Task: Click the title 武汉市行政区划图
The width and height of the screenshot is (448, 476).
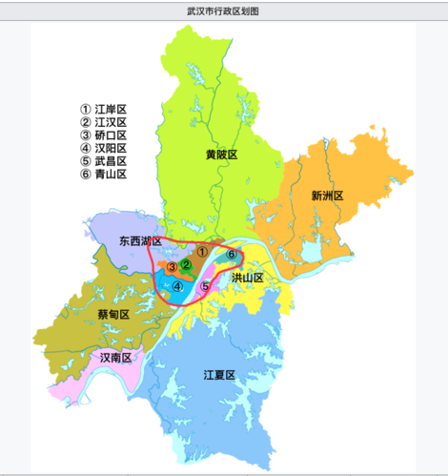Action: [223, 10]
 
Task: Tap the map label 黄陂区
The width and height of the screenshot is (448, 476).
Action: [220, 154]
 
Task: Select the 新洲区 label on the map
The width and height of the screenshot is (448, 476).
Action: [326, 196]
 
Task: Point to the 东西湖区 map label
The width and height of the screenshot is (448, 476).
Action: [139, 242]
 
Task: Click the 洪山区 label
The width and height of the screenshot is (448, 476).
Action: [247, 277]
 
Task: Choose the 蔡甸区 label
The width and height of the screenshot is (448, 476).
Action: [114, 313]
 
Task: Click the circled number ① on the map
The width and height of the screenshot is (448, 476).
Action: [201, 250]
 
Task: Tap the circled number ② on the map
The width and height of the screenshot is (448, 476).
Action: [187, 264]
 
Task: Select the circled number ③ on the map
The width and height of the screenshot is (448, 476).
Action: [172, 267]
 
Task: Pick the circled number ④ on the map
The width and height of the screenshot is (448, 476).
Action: [177, 284]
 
